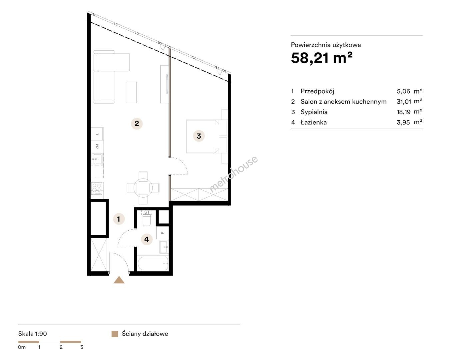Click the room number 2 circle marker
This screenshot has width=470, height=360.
(137, 123)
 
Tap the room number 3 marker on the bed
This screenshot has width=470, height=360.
(199, 136)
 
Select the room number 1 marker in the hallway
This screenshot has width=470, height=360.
(119, 219)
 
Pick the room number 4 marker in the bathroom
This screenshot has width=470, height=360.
(147, 239)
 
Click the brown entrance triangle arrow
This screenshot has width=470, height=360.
(119, 280)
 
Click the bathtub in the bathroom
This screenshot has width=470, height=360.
(153, 263)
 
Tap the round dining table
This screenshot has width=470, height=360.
(143, 188)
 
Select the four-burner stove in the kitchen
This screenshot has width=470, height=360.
(97, 188)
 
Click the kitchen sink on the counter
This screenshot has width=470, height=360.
(97, 159)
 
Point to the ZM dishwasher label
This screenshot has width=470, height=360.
(97, 146)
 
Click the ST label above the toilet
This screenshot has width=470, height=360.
(147, 212)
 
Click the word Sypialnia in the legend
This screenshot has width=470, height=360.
(314, 112)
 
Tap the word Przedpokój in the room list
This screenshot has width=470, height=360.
(317, 91)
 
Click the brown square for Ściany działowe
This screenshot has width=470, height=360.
(115, 334)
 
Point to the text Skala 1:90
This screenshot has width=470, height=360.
(33, 334)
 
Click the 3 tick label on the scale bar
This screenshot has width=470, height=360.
(82, 347)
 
